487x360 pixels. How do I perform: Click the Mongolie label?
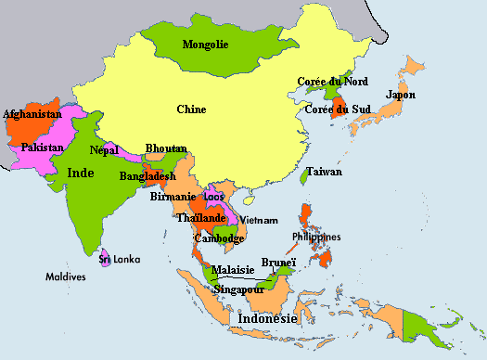click(x=206, y=45)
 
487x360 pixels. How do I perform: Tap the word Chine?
click(x=191, y=109)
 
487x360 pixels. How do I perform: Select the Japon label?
click(x=401, y=95)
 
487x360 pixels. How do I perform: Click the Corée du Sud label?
click(x=338, y=110)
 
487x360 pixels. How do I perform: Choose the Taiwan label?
click(x=325, y=172)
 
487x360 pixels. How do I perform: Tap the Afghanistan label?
click(x=32, y=114)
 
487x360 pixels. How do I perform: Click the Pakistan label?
click(x=43, y=148)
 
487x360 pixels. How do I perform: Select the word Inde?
click(x=82, y=172)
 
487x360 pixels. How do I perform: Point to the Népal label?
click(x=105, y=149)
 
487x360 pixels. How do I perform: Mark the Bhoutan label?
click(x=166, y=148)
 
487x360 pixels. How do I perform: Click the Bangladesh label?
click(x=147, y=175)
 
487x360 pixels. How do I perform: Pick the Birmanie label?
click(x=173, y=197)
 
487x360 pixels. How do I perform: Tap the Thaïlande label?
click(x=201, y=218)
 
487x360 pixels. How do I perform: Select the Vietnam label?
click(x=259, y=220)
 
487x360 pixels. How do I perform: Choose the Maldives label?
click(x=66, y=276)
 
